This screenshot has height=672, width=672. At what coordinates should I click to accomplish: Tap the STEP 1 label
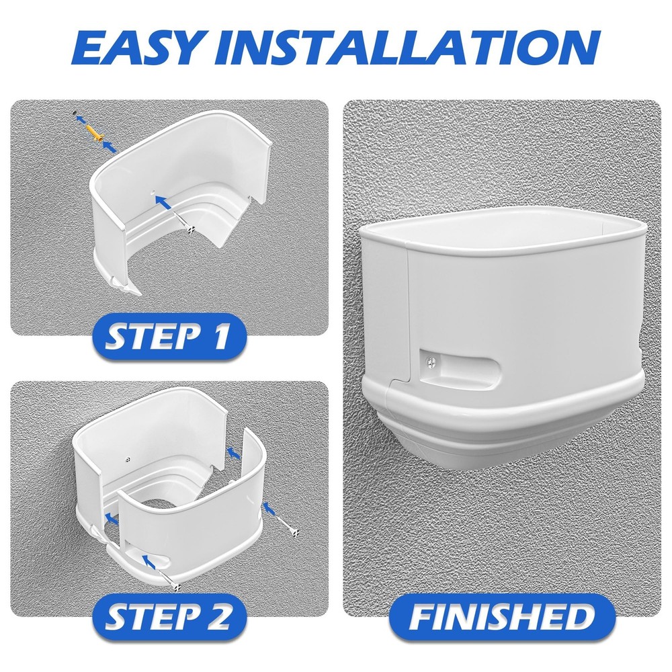(x=167, y=336)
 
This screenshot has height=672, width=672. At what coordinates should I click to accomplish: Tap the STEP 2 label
(x=167, y=614)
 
